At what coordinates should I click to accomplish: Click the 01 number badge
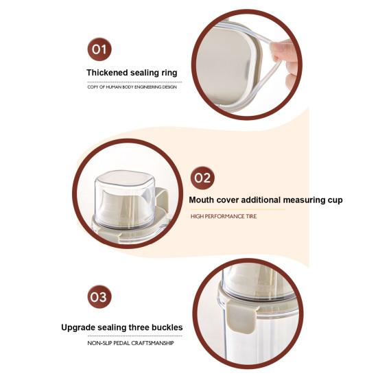(x=99, y=49)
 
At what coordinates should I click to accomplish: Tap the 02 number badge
(x=202, y=178)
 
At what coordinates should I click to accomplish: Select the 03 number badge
(x=99, y=297)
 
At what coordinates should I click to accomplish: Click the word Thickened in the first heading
(x=107, y=73)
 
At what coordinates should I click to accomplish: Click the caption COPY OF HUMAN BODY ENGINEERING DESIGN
(x=132, y=87)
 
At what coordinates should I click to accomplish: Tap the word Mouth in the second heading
(x=201, y=200)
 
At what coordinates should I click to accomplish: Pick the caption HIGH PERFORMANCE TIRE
(x=224, y=216)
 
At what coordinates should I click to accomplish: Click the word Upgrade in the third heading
(x=78, y=328)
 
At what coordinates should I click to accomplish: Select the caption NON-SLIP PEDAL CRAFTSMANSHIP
(x=130, y=343)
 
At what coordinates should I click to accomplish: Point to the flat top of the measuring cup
(x=126, y=179)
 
